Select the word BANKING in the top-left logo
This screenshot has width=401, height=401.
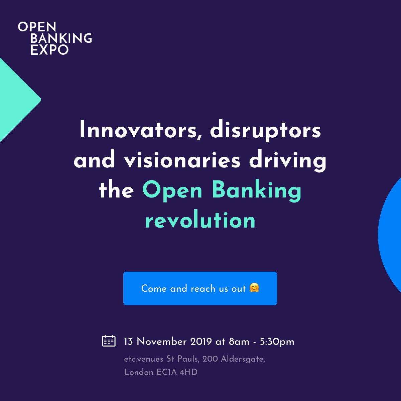(61, 38)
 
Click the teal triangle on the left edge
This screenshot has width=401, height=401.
(15, 100)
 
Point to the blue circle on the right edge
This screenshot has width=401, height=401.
(392, 234)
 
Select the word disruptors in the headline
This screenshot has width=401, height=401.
(265, 130)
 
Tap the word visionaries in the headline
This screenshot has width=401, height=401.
(182, 160)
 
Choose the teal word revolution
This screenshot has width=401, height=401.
(200, 221)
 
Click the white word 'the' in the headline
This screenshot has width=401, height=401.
(116, 190)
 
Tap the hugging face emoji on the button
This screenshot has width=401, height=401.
(254, 288)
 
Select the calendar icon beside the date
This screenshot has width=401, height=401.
(109, 341)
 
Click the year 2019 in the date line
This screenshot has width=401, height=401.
(201, 342)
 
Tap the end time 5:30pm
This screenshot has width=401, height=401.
(277, 342)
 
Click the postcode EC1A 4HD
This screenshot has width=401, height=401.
(177, 372)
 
